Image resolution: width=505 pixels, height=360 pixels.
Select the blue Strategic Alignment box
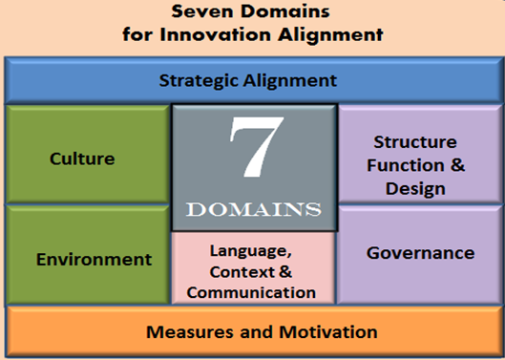(x=252, y=80)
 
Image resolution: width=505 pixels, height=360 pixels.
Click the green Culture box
(x=82, y=158)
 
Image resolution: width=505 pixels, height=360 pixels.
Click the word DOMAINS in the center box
(x=253, y=208)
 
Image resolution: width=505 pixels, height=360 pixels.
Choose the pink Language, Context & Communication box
(x=253, y=270)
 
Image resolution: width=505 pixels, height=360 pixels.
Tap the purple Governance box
(x=420, y=253)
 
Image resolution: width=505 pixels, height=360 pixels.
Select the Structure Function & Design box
(x=420, y=164)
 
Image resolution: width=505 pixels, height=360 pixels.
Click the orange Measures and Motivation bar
(x=252, y=332)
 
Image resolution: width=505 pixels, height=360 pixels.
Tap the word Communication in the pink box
(x=253, y=292)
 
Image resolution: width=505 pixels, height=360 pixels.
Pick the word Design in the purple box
(x=415, y=188)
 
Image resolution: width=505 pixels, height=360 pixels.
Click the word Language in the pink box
(x=253, y=251)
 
